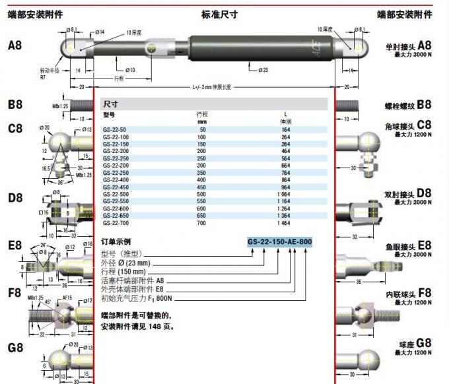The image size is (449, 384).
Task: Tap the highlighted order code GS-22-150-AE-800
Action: click(279, 242)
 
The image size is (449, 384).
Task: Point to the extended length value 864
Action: click(287, 179)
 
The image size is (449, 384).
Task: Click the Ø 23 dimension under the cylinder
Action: click(263, 70)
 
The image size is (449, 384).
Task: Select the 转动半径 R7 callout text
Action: click(50, 73)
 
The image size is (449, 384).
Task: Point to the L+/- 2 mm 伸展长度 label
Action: click(213, 86)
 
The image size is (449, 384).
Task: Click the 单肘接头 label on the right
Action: click(400, 48)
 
